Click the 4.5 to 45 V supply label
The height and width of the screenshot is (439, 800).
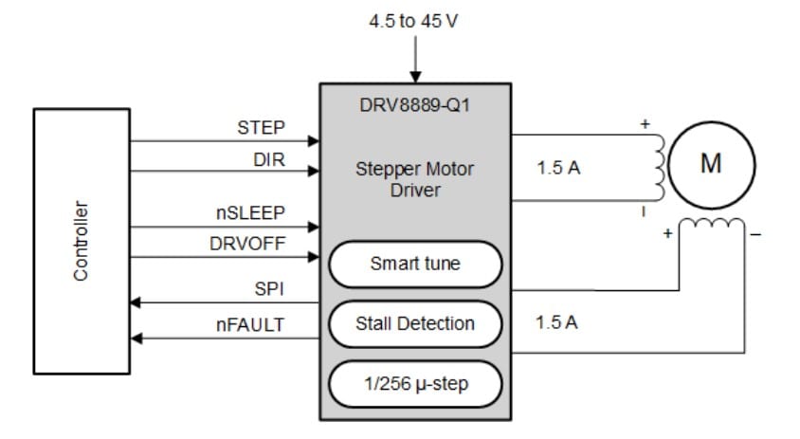point(413,21)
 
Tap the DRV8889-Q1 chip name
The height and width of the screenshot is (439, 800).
point(414,105)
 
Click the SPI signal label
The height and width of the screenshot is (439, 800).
point(269,288)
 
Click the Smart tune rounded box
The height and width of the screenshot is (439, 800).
point(414,264)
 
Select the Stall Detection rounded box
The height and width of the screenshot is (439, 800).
point(414,323)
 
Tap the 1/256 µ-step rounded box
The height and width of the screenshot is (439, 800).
point(414,384)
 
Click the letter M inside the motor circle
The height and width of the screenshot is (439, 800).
point(710,164)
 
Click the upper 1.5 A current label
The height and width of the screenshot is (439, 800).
point(557,168)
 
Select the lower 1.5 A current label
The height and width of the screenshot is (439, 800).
point(557,322)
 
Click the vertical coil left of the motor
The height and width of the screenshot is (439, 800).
point(653,167)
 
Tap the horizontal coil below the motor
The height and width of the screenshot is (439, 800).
point(711,225)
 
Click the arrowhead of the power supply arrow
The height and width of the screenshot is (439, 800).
point(414,77)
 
